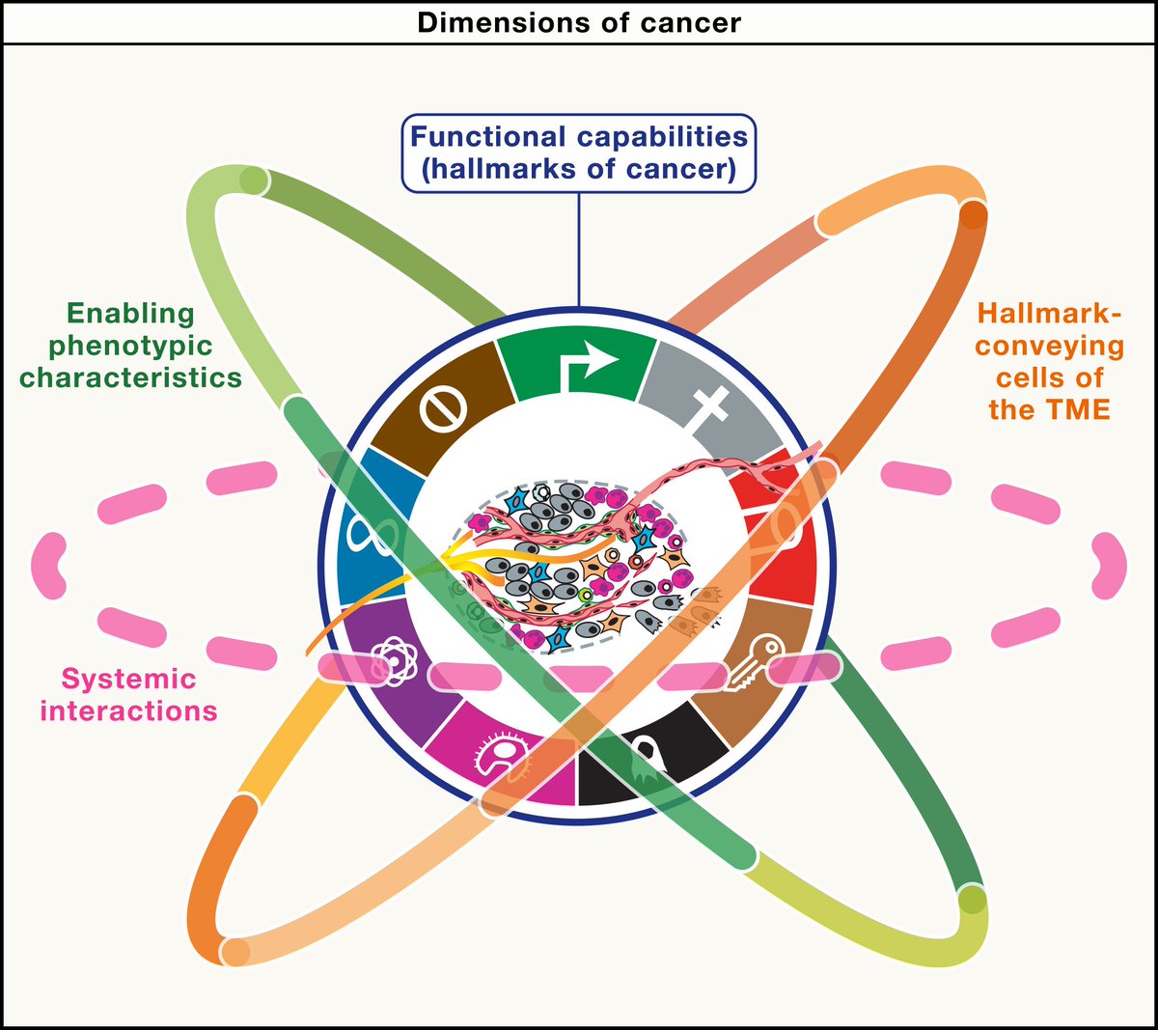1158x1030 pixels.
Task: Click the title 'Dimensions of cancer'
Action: coord(579,21)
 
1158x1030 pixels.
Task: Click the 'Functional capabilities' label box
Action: coord(579,153)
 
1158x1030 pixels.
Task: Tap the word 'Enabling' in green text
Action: coord(130,314)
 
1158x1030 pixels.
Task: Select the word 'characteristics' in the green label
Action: coord(130,377)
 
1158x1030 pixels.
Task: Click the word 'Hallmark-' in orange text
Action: coord(1050,314)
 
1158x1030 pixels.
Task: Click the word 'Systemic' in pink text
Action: coord(128,679)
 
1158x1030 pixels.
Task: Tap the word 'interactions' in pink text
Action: coord(128,711)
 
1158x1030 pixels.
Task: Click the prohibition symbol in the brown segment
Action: coord(444,409)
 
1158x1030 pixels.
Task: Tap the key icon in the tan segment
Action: coord(750,665)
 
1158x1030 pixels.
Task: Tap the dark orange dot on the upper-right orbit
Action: coord(974,214)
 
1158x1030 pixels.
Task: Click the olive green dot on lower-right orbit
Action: coord(974,902)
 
